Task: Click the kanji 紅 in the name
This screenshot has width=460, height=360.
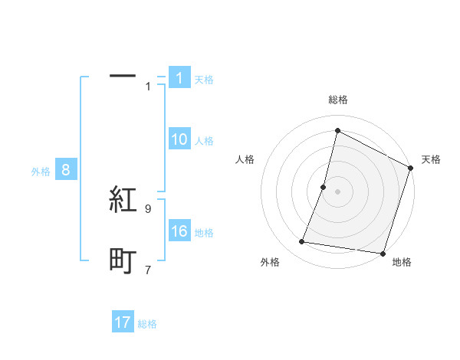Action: pos(123,201)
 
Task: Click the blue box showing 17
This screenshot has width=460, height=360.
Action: pos(123,322)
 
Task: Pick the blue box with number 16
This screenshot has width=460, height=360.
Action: pos(179,232)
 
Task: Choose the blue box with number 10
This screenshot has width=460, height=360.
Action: pos(179,139)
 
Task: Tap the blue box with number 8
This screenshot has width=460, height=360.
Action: pos(66,171)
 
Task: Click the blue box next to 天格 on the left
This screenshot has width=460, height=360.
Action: pos(179,78)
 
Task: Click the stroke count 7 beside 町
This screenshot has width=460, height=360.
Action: pos(148,270)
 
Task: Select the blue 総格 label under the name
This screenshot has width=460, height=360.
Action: pos(147,324)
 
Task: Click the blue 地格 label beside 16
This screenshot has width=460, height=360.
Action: pos(204,233)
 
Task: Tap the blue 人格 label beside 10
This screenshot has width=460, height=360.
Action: pos(204,141)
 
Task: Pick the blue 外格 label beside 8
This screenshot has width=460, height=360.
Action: pos(41,172)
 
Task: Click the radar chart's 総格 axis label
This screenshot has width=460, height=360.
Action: pos(337,100)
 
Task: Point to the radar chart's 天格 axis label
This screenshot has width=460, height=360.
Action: pos(431,159)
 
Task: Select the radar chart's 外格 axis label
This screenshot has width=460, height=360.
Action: pos(270,262)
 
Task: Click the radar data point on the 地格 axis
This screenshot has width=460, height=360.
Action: pos(383,253)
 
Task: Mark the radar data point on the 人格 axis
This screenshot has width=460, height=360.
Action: pos(324,187)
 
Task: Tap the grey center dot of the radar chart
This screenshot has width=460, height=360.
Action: pos(337,191)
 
